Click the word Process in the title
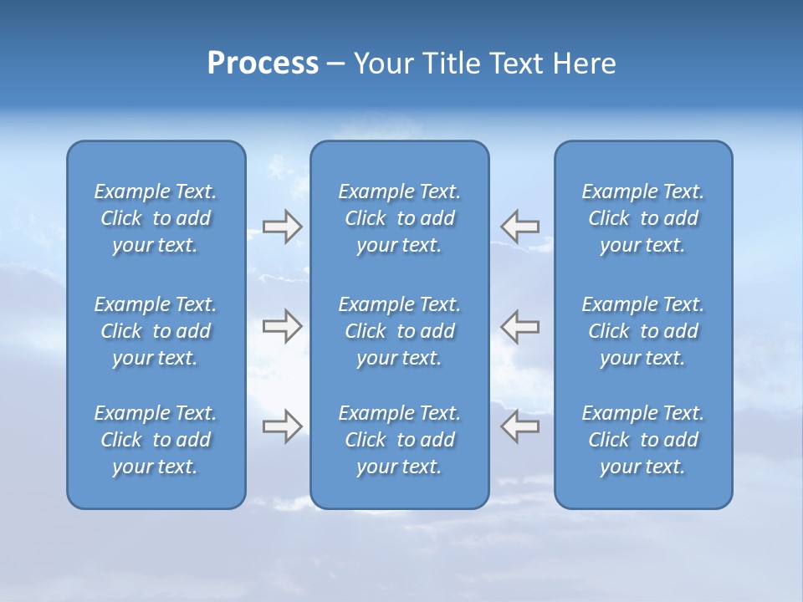(263, 64)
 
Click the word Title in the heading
(451, 64)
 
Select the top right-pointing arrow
(282, 227)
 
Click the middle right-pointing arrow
(282, 326)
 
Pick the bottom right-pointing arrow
(282, 426)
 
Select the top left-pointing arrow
(520, 227)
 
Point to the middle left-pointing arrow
(520, 326)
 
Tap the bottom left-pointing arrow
(520, 426)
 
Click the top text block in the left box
(156, 218)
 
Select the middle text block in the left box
(156, 331)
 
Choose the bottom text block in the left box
(156, 440)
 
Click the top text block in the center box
(399, 218)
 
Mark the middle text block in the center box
(399, 331)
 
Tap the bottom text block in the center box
(399, 440)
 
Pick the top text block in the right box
(643, 218)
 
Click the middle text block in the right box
(643, 331)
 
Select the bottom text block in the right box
(643, 440)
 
